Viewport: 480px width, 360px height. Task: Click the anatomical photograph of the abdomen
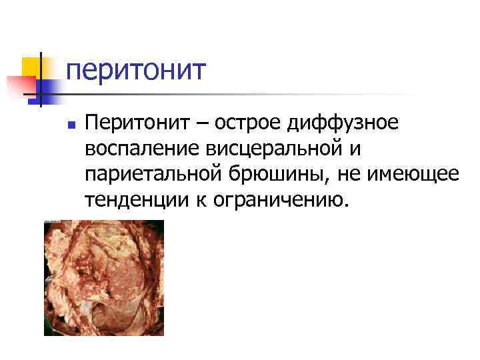103,277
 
